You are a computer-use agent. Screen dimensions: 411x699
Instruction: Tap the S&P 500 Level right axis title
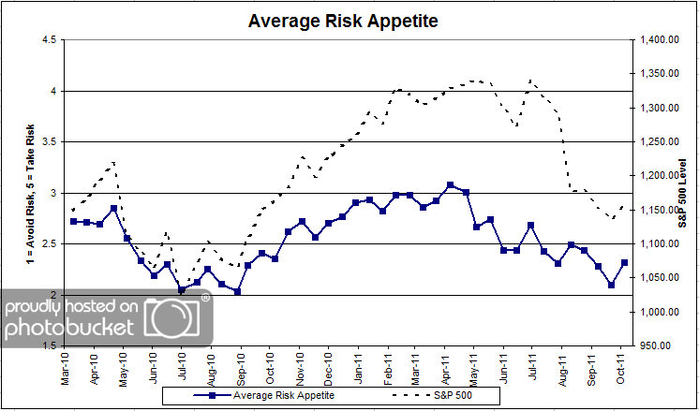tap(685, 192)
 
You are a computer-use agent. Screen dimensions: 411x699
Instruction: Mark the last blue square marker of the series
tap(624, 263)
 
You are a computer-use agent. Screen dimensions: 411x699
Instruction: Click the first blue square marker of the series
tap(74, 221)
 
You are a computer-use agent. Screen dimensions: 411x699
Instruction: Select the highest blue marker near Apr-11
tap(451, 185)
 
